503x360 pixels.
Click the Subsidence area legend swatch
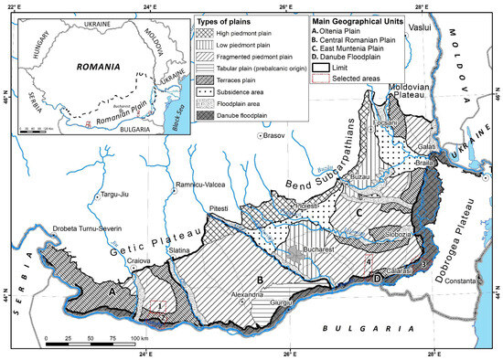207,79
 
